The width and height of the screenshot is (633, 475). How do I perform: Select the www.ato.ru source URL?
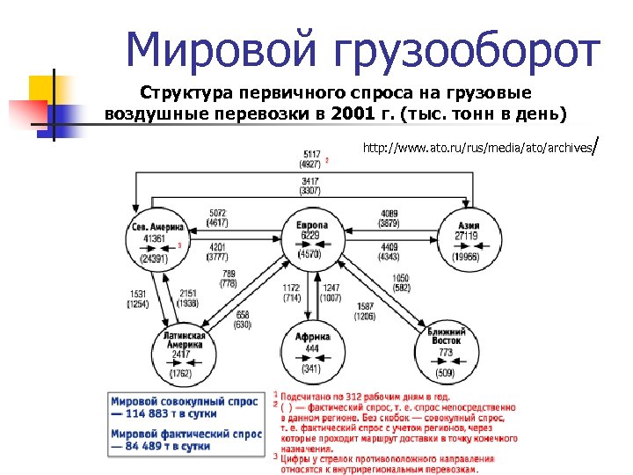click(x=477, y=148)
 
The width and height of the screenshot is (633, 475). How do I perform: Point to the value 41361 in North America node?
click(x=155, y=237)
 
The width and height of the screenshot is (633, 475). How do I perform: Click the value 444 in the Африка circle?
click(x=312, y=348)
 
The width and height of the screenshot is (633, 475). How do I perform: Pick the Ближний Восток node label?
click(x=446, y=337)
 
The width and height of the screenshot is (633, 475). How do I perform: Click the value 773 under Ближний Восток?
click(x=446, y=353)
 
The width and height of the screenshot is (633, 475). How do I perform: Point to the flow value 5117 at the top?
click(x=311, y=154)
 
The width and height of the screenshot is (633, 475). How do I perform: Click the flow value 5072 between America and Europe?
click(x=218, y=214)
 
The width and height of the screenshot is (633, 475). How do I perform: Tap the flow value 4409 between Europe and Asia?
click(x=391, y=246)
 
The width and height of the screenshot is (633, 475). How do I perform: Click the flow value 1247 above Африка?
click(x=331, y=288)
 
